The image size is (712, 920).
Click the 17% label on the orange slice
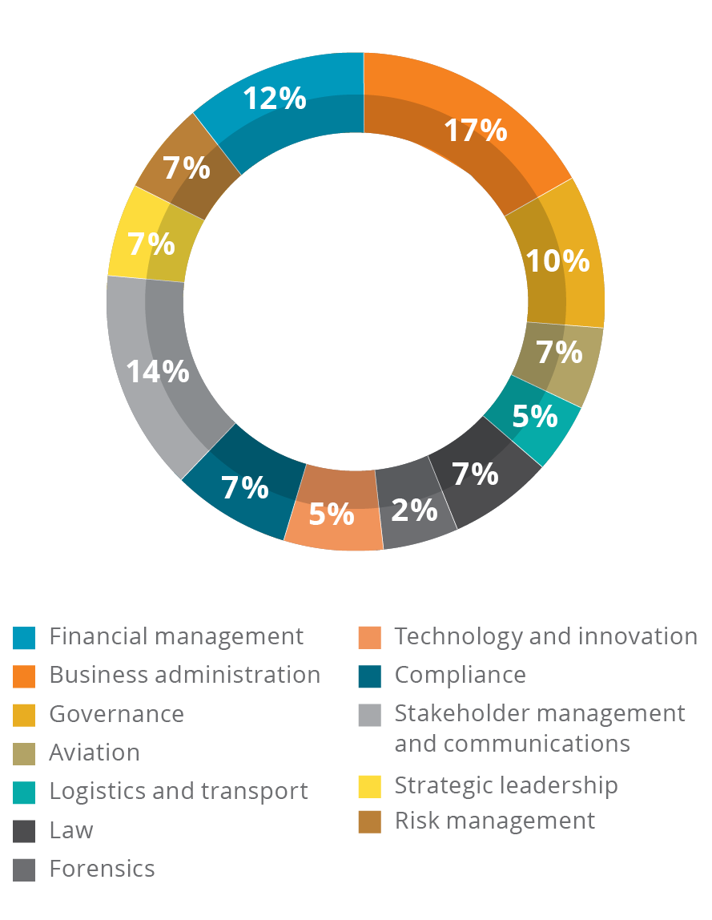pos(477,130)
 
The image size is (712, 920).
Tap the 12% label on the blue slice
pos(275,99)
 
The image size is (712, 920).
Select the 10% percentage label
pos(557,260)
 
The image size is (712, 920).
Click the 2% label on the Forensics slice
pos(415,510)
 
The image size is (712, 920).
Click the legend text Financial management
pos(176,636)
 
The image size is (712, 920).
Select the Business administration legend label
pos(185,675)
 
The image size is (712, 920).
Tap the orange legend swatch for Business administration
pos(24,676)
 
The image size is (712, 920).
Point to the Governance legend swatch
pos(24,714)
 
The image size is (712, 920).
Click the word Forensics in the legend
pos(102,869)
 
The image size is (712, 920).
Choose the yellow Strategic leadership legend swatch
pos(369,786)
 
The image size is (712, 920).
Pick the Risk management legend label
pos(495,821)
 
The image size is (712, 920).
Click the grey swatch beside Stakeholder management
pos(369,715)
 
